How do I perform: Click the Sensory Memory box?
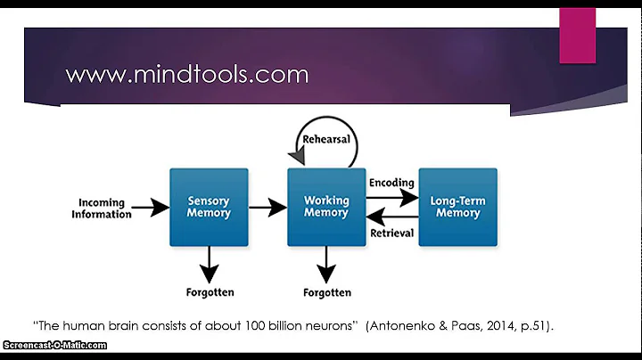(x=209, y=208)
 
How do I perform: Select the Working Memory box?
(x=326, y=208)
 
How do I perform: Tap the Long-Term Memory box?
(x=457, y=208)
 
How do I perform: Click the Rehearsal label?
(x=327, y=140)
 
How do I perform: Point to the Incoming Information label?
(x=101, y=209)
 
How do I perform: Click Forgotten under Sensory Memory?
(x=209, y=292)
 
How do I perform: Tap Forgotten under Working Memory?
(x=326, y=292)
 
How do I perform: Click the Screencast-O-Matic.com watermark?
(x=53, y=346)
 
